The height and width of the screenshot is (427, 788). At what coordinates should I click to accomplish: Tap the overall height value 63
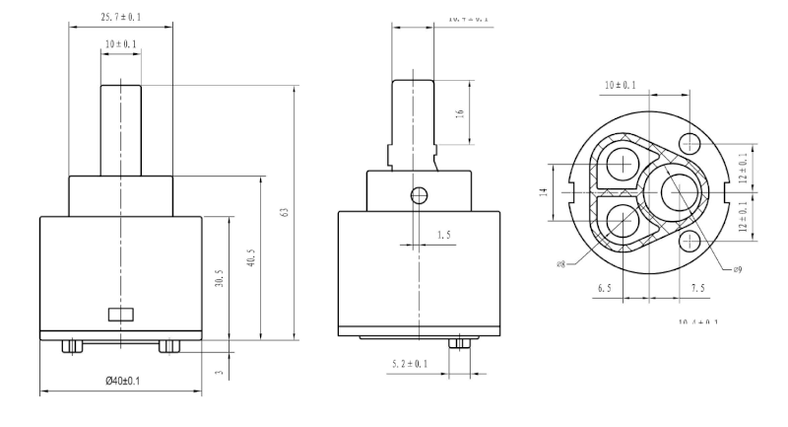283,213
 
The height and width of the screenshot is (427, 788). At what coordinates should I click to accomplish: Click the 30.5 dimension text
219,279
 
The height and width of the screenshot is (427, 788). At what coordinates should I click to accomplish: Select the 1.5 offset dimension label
444,235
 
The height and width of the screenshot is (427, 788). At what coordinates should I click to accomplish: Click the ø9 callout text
738,268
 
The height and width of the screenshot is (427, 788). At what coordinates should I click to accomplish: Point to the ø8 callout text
560,264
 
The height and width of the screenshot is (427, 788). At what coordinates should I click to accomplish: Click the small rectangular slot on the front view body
120,315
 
